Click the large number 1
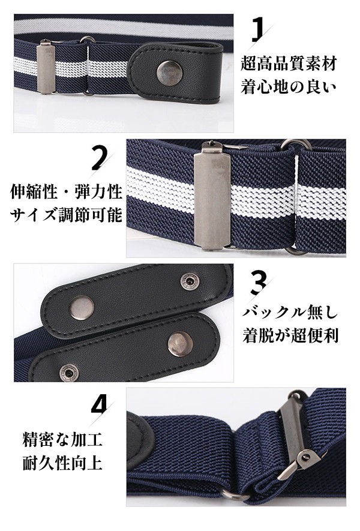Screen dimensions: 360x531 259,30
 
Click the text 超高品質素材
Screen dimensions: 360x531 289,64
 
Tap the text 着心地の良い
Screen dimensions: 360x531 289,86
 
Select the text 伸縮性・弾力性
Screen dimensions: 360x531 67,192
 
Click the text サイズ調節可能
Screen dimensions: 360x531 67,215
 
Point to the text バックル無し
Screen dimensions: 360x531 290,312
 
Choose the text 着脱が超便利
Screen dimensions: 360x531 290,335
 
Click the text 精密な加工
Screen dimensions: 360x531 62,440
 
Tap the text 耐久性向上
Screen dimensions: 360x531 62,463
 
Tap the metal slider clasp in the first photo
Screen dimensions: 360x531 46,67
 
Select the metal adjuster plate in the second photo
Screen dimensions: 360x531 212,196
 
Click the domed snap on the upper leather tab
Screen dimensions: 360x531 82,307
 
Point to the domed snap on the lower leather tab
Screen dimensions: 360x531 181,344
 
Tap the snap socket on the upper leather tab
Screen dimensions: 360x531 188,281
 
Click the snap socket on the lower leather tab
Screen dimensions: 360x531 69,373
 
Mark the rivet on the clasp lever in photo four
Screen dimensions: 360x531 307,458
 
